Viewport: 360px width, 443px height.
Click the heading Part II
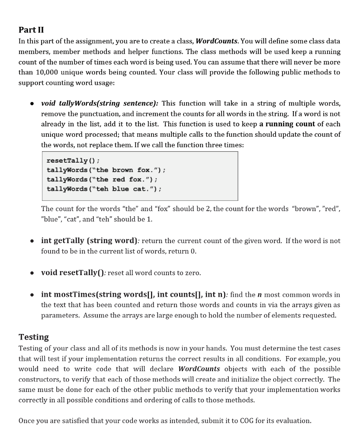(31, 30)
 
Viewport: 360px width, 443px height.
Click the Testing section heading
(34, 337)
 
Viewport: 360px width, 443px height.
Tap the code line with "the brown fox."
(106, 170)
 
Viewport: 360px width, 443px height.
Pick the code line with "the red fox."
(102, 179)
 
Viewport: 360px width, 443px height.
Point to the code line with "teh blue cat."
(104, 189)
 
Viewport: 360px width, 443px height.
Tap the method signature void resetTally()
(73, 273)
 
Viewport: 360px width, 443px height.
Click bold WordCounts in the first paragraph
(217, 41)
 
